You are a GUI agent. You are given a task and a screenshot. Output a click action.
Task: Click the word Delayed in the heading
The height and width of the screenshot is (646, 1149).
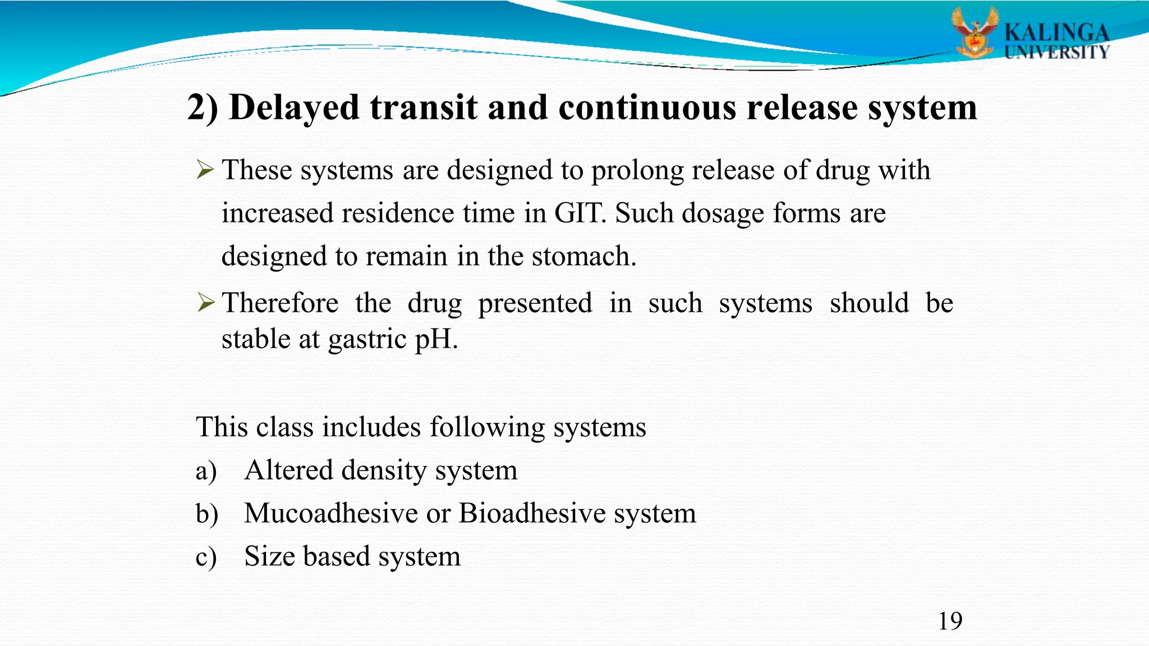(x=294, y=107)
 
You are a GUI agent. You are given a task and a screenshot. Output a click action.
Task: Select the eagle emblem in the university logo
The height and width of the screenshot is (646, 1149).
(x=975, y=34)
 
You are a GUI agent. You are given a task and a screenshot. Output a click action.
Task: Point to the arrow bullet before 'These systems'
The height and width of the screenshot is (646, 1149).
(x=205, y=169)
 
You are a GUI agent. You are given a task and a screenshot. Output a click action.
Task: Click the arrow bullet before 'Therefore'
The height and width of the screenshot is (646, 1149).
(x=205, y=303)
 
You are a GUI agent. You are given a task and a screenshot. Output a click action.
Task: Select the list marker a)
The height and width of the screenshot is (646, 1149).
(x=206, y=471)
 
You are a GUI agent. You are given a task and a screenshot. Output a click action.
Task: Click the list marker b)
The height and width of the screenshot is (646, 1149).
(x=206, y=514)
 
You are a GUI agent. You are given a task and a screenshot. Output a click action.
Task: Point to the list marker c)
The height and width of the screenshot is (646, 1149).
(x=206, y=557)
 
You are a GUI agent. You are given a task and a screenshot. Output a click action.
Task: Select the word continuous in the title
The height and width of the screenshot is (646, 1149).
(x=647, y=107)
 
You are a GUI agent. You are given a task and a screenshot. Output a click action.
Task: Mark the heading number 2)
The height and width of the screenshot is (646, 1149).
(x=203, y=107)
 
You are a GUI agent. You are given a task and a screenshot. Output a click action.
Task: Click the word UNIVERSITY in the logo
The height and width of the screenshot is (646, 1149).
(x=1057, y=53)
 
